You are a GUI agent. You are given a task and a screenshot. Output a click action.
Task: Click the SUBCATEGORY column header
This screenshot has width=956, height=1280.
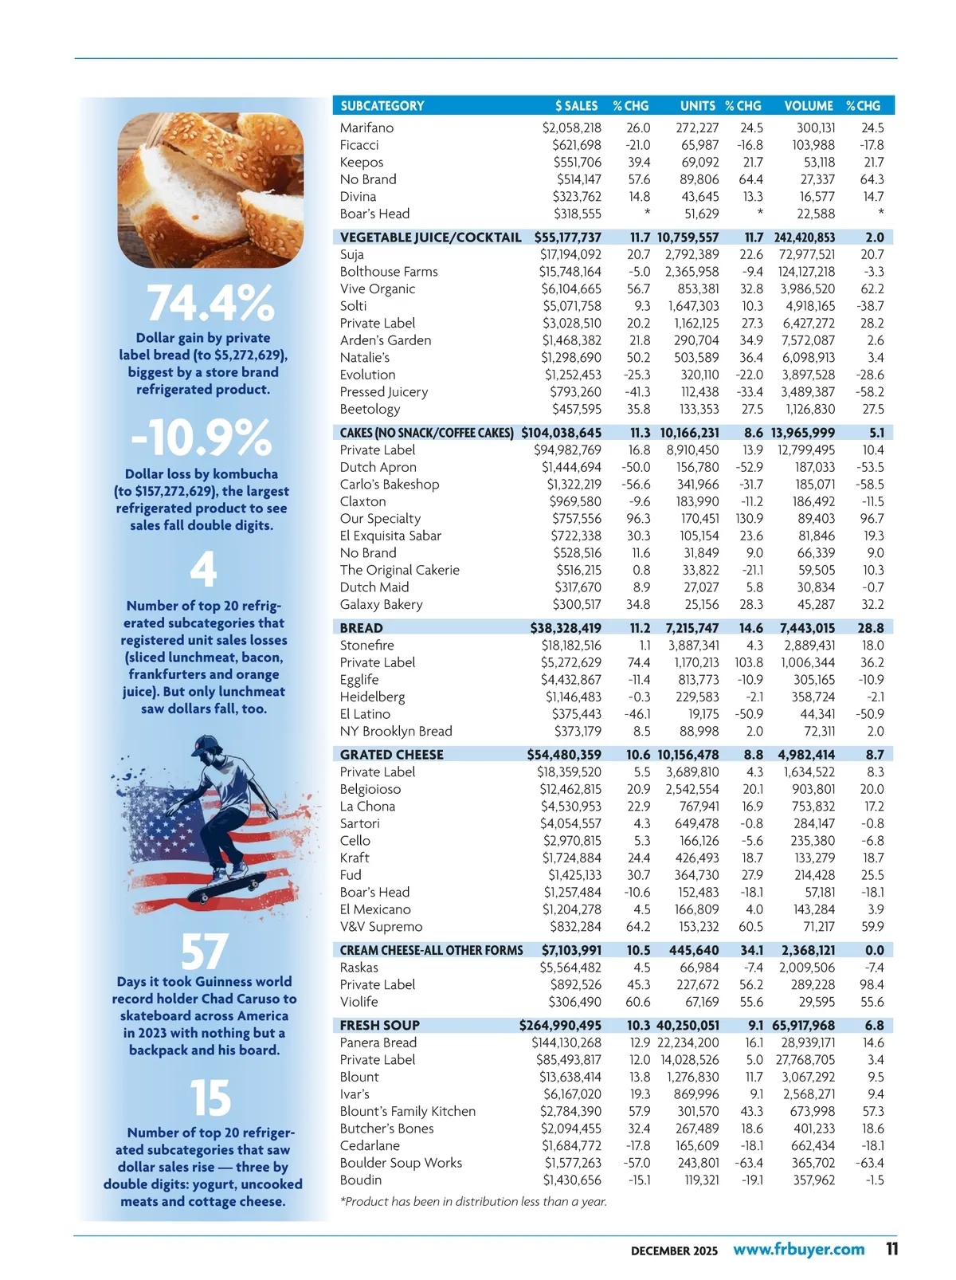click(x=382, y=106)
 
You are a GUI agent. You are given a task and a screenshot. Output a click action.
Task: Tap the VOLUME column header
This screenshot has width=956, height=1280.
click(x=808, y=106)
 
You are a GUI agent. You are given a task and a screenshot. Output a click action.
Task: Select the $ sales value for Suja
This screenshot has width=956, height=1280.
click(x=570, y=255)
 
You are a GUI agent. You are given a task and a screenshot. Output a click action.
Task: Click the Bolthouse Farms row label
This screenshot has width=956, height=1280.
click(x=389, y=272)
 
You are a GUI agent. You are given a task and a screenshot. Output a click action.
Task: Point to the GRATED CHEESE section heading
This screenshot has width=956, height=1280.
click(x=391, y=755)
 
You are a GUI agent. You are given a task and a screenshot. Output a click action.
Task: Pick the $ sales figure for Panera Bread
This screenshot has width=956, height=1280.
click(x=566, y=1042)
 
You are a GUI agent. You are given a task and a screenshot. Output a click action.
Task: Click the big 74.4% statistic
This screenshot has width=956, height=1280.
click(x=210, y=304)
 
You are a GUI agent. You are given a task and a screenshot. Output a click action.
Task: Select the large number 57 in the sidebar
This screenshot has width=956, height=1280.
click(x=204, y=952)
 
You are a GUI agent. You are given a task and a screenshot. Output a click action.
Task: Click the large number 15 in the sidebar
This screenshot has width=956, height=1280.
click(x=210, y=1098)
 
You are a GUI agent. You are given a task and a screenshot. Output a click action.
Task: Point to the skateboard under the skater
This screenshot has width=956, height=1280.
click(x=230, y=885)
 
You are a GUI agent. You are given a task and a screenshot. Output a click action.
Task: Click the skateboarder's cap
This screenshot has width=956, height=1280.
click(x=206, y=745)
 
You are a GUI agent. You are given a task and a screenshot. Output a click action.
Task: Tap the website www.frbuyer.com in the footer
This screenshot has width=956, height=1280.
click(x=798, y=1250)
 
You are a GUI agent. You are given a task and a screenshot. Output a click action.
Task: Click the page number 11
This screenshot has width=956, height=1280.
click(x=891, y=1249)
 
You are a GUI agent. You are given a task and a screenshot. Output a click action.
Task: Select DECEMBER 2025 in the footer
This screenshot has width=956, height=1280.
click(x=674, y=1251)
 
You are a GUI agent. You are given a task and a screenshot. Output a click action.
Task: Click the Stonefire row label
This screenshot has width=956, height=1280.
click(x=366, y=646)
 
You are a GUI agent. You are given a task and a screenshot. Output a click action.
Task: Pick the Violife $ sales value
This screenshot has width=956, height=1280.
click(x=577, y=1002)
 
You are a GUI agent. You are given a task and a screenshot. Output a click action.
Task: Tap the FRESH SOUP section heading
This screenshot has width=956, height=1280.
click(x=379, y=1026)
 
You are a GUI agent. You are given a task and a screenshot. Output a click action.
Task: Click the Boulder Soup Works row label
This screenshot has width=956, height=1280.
click(x=401, y=1163)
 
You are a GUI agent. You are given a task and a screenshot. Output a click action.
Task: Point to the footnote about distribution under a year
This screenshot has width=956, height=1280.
click(x=473, y=1201)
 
